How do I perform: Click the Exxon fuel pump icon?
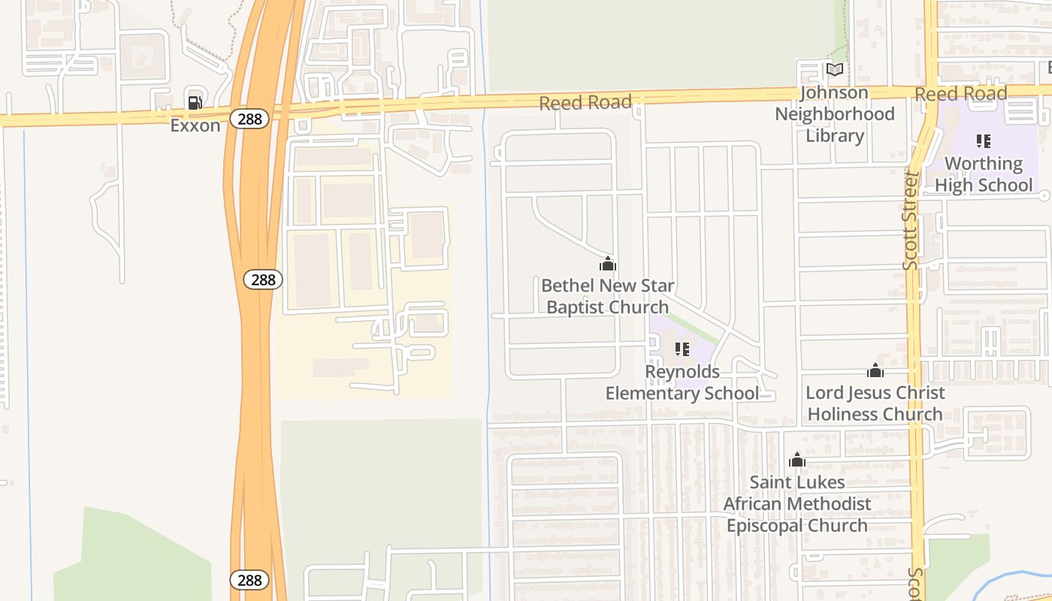(195, 103)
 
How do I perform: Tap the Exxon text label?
(195, 125)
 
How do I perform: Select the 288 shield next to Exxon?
(249, 119)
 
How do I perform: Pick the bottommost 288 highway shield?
(249, 580)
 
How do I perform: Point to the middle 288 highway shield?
(263, 279)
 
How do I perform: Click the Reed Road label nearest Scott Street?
(960, 94)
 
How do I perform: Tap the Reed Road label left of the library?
(585, 102)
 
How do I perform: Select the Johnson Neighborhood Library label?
(835, 114)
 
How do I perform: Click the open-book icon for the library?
(835, 70)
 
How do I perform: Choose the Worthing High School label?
(984, 174)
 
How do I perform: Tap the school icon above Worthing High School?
(983, 140)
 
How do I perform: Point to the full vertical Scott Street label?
(911, 221)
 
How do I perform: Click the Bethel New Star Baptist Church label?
(607, 296)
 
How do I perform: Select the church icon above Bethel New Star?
(608, 264)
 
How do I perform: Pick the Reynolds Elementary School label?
(682, 382)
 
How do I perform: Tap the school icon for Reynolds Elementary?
(682, 349)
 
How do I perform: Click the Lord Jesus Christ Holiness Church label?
(875, 403)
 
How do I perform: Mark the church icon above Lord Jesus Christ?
(875, 370)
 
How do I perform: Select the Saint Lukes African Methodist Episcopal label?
(797, 503)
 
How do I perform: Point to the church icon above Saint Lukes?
(797, 460)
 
